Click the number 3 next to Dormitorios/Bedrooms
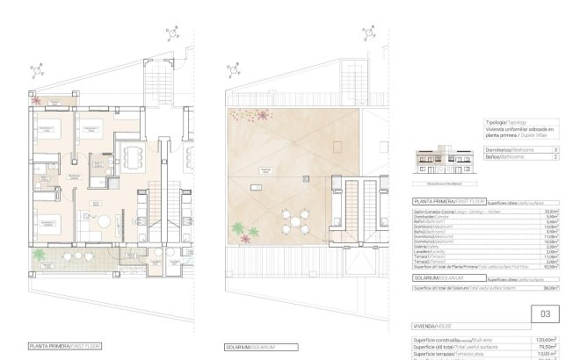pos(555,150)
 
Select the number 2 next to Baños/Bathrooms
pos(555,160)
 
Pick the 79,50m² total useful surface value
pos(549,346)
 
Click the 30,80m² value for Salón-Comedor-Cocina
pos(550,212)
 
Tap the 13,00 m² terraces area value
pos(549,354)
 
